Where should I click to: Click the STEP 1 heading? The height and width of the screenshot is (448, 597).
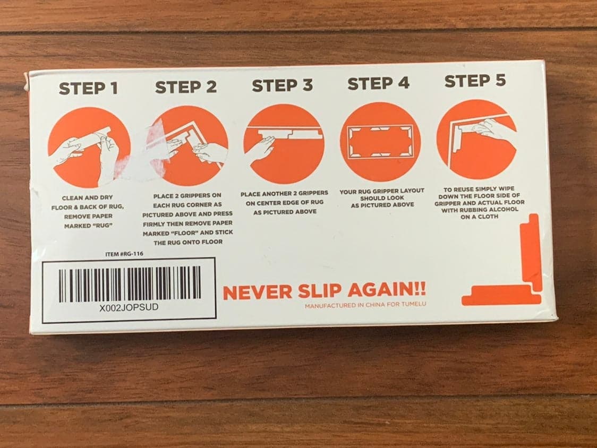coord(88,88)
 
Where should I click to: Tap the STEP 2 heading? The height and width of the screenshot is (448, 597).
coord(186,87)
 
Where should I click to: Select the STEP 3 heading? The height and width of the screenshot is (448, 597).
coord(282,85)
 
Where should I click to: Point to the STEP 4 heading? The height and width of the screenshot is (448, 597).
coord(379,83)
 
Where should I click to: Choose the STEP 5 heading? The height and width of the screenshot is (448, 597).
coord(475,81)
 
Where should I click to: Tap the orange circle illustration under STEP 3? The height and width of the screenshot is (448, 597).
coord(284,143)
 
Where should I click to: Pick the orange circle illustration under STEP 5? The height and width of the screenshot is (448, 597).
coord(477,140)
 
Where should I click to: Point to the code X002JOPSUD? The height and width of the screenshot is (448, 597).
coord(129,307)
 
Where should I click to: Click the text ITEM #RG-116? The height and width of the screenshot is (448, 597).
coord(124,254)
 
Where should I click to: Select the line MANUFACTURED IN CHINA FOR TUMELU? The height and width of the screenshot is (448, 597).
coord(365,305)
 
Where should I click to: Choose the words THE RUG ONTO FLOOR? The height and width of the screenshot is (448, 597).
coord(188,242)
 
